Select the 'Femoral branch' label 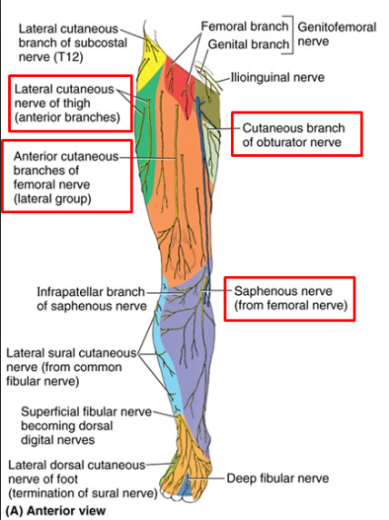[244, 27]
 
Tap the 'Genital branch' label [248, 44]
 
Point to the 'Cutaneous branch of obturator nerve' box [296, 134]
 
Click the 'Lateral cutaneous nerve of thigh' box [67, 103]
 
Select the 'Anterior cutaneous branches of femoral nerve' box [66, 175]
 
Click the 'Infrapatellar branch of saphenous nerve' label [91, 299]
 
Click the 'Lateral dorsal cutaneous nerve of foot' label [76, 479]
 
